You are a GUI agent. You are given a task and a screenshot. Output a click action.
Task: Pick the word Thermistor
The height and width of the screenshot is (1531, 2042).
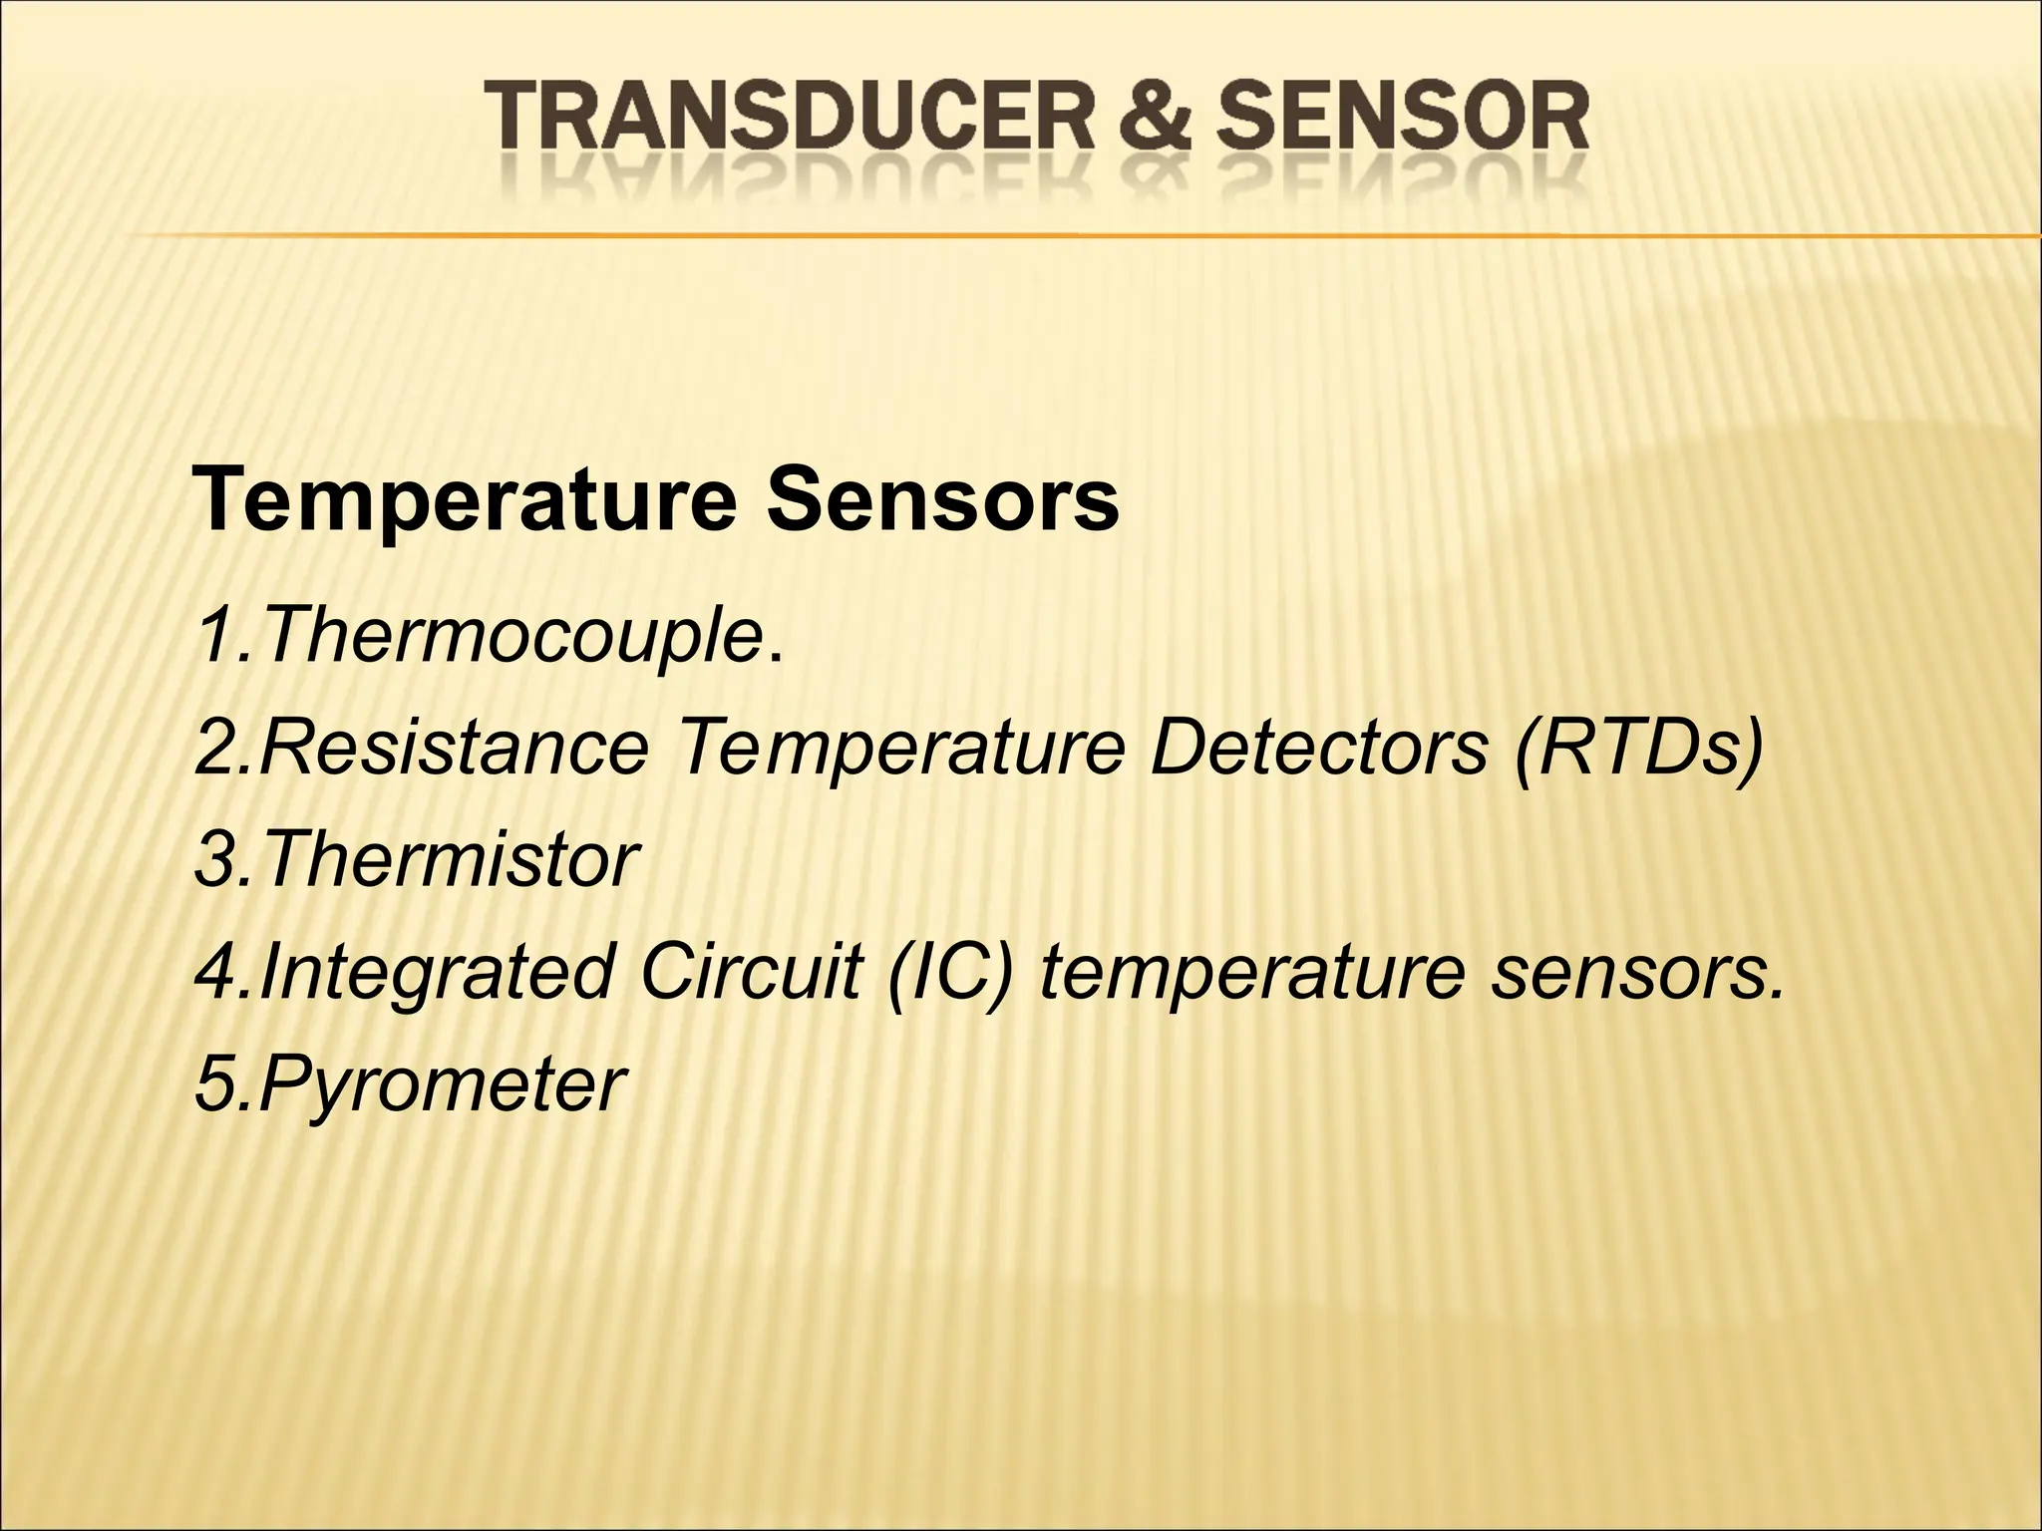click(450, 859)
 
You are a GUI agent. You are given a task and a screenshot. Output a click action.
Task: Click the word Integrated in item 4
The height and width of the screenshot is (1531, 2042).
click(436, 973)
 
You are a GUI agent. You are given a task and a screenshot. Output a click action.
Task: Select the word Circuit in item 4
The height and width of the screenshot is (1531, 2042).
click(750, 971)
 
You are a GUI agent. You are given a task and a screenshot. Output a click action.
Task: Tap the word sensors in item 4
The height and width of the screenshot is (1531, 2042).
click(1635, 973)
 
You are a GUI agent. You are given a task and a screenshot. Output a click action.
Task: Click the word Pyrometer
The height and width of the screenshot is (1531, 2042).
click(443, 1084)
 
